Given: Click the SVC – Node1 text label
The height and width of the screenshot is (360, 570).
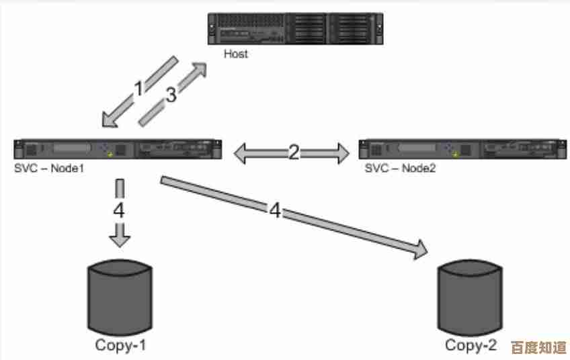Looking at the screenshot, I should point(49,169).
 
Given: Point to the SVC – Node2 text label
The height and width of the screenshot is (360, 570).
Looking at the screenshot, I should point(400,169).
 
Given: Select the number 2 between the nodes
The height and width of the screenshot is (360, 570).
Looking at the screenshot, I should point(293,152).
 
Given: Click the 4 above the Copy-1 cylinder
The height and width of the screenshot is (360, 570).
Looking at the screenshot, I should point(118,210).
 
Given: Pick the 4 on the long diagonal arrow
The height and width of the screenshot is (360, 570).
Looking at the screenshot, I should point(275,210).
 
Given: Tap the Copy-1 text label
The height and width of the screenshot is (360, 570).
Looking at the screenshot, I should point(120,346).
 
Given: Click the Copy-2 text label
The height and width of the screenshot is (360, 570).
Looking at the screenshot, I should point(471,346).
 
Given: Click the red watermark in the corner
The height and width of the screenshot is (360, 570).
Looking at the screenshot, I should point(539,347).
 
